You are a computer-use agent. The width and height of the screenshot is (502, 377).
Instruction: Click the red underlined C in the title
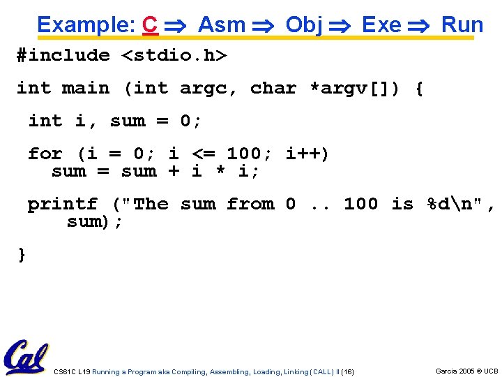[149, 25]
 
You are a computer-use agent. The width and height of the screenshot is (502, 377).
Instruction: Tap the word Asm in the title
[222, 25]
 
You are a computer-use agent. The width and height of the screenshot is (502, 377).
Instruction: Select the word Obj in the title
[304, 25]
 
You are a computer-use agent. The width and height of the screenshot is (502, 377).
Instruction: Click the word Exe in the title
[381, 25]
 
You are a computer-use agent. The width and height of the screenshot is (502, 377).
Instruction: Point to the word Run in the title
[462, 25]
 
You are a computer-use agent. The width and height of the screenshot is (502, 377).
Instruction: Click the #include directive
[63, 56]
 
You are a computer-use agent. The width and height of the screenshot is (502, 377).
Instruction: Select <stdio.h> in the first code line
[174, 56]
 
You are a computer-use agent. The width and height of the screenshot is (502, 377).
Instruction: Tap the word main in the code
[86, 89]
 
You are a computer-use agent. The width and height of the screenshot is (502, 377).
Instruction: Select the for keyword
[45, 154]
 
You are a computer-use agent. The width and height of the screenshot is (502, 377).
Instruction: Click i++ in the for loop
[307, 154]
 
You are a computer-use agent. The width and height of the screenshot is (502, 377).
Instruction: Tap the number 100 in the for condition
[244, 154]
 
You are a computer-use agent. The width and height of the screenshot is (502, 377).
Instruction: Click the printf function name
[63, 205]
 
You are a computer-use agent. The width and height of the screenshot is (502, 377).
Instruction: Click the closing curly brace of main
[22, 254]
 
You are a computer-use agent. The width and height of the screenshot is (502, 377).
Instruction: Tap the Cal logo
[26, 357]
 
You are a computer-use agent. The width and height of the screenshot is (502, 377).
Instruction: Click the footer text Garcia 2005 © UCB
[466, 371]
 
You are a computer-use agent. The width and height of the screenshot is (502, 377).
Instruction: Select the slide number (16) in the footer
[347, 372]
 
